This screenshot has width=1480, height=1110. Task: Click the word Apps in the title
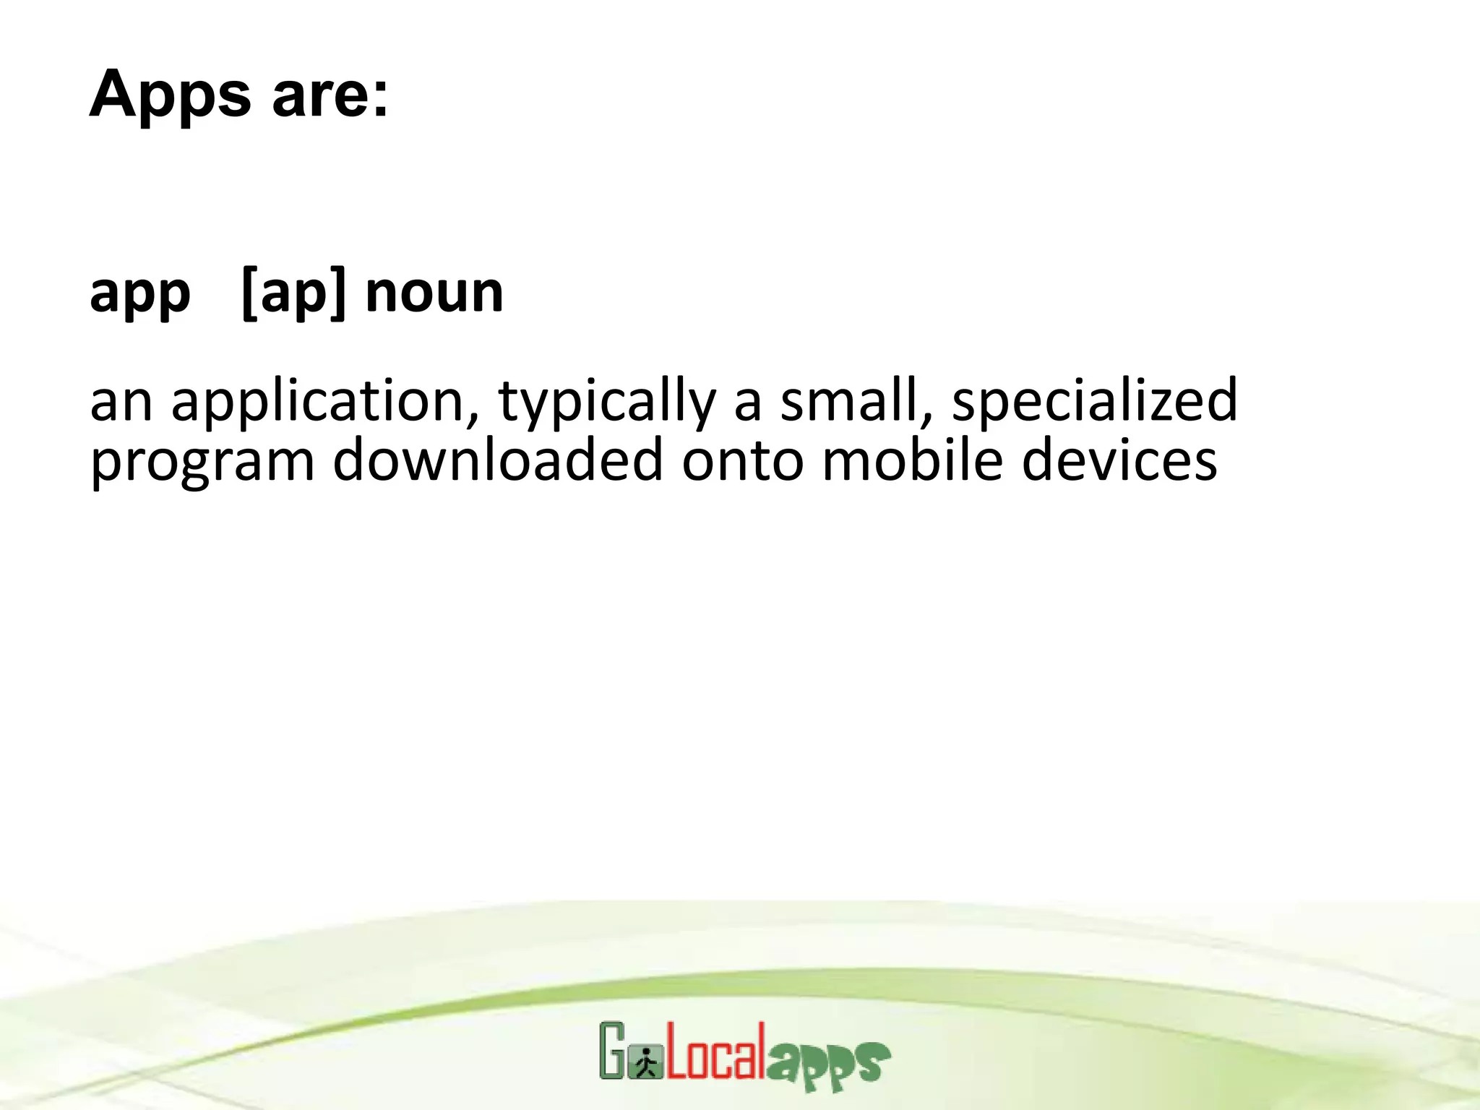pyautogui.click(x=170, y=95)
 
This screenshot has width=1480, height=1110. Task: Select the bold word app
pyautogui.click(x=140, y=295)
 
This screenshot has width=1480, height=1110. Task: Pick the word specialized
pyautogui.click(x=1094, y=402)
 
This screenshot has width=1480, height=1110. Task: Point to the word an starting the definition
pyautogui.click(x=121, y=403)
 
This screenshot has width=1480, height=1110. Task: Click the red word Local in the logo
pyautogui.click(x=715, y=1052)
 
